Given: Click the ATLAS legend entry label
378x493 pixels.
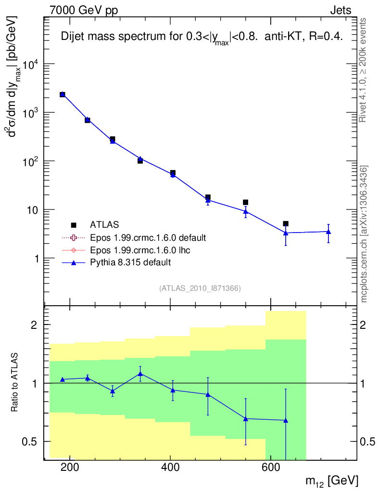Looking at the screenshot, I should click(104, 224).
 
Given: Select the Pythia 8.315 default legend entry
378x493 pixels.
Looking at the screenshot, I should click(130, 262).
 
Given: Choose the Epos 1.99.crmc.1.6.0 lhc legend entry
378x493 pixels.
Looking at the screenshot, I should click(141, 250).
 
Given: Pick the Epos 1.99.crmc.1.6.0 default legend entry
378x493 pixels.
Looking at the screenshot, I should click(148, 237).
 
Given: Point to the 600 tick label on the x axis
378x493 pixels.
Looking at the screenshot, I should click(270, 467).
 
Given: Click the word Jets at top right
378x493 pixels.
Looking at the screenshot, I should click(340, 10).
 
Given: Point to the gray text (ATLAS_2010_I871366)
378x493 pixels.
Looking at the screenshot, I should click(200, 288).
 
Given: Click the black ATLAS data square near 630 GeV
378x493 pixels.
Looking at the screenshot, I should click(286, 223).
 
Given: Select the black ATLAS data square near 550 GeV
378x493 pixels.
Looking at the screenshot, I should click(245, 202).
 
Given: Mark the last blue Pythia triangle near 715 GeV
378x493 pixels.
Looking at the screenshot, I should click(328, 232).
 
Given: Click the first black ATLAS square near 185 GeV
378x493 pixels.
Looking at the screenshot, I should click(63, 94).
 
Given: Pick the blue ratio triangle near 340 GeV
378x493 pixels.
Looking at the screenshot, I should click(140, 374).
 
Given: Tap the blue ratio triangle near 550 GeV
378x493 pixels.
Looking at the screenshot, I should click(245, 419).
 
